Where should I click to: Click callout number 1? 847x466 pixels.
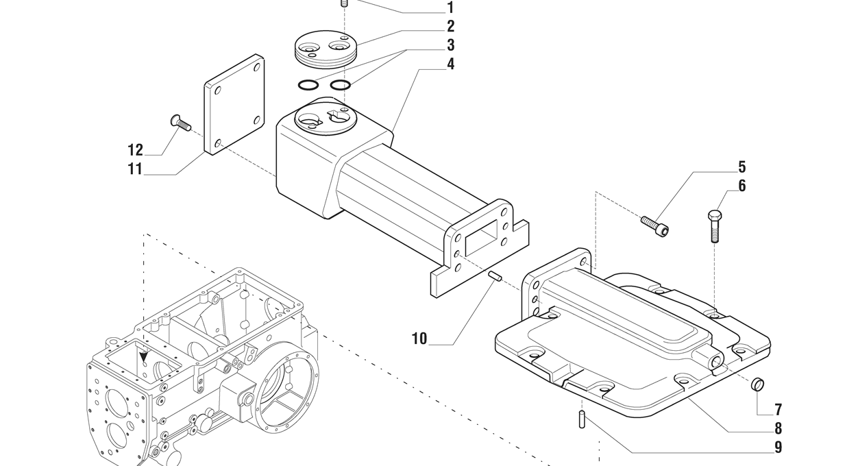(450, 7)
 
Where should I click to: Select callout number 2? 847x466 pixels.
(450, 27)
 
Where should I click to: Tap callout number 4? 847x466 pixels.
(450, 64)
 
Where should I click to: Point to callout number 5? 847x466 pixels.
(742, 167)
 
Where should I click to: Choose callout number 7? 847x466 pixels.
(778, 410)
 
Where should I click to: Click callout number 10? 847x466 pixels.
(419, 339)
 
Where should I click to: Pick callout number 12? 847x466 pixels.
(136, 150)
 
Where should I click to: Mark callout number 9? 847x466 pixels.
(778, 447)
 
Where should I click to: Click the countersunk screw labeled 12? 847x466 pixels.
(180, 123)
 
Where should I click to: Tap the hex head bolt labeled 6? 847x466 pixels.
(715, 225)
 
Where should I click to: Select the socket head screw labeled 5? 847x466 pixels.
(654, 225)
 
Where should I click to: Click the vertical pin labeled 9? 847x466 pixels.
(582, 419)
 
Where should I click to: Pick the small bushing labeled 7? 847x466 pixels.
(757, 385)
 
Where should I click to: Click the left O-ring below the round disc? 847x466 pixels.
(308, 86)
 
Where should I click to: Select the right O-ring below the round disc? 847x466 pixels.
(341, 85)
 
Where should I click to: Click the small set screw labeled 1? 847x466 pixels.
(344, 4)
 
